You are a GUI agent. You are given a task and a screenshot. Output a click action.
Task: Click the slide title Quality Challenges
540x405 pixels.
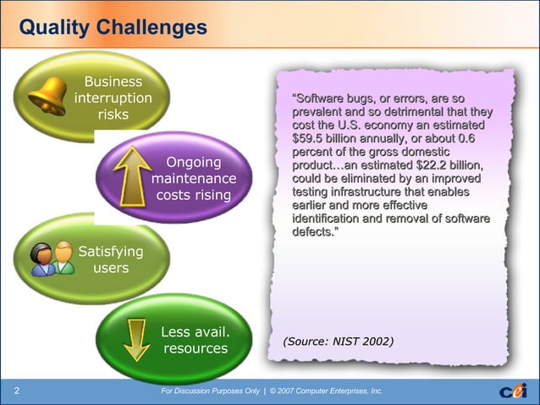tap(113, 28)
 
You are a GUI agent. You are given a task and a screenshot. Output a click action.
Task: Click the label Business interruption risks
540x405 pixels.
tap(113, 98)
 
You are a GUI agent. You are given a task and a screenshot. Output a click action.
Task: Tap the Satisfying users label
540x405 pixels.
tap(110, 259)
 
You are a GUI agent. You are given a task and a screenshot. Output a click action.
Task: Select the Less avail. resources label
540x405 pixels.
tap(196, 339)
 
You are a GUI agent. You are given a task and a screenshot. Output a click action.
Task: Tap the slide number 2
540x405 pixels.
tap(16, 391)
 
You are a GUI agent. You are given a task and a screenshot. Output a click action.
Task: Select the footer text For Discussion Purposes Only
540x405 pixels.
tap(209, 391)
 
